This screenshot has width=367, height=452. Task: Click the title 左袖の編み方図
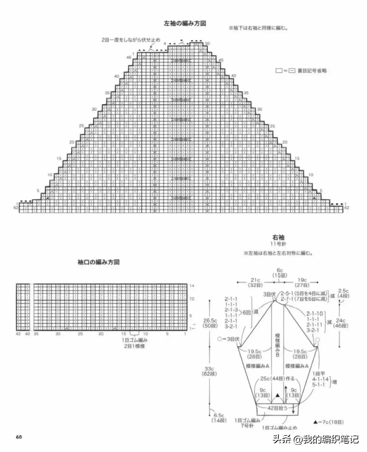point(185,24)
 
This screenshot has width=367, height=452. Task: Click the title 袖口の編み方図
point(98,262)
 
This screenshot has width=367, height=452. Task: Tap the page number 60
point(19,437)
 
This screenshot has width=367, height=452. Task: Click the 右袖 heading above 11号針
point(278,237)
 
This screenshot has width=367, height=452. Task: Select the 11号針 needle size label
point(278,244)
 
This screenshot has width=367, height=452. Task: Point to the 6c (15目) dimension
point(280,273)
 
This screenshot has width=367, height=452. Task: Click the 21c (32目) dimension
point(255,282)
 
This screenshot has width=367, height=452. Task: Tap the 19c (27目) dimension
point(302,282)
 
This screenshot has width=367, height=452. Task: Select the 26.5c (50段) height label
point(210,323)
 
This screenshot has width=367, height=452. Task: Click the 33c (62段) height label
point(210,371)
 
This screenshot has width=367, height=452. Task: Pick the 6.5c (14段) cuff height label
point(219,418)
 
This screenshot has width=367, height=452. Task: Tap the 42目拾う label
point(277,408)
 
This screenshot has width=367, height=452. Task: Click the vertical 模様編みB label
point(277,345)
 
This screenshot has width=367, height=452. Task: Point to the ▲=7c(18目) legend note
point(328,422)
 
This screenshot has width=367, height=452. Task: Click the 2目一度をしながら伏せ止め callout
point(131,40)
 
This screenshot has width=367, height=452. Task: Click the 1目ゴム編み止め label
point(279,427)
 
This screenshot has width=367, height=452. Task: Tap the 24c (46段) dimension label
point(341,323)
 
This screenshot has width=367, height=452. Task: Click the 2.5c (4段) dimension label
point(344,293)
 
